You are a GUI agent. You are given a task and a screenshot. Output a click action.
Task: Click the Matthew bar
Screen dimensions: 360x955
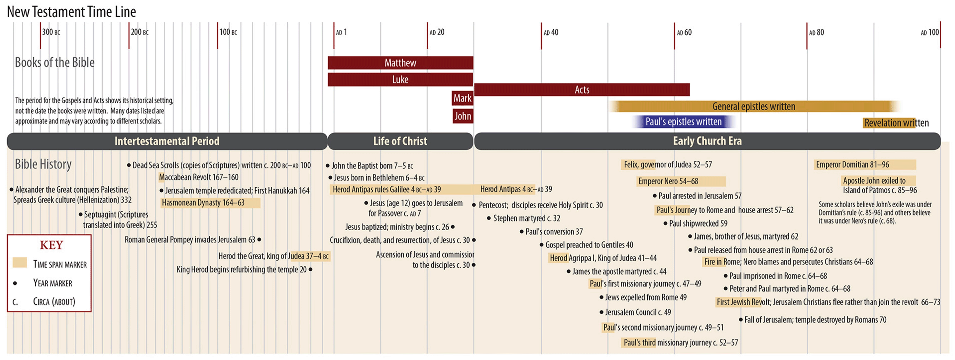point(400,63)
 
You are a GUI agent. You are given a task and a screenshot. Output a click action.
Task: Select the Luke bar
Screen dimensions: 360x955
point(400,79)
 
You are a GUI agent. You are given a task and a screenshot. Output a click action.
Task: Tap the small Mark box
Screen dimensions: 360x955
point(462,98)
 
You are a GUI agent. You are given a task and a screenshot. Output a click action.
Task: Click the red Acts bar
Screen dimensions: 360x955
point(582,90)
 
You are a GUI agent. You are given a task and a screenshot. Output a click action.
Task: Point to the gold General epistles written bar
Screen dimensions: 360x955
point(754,106)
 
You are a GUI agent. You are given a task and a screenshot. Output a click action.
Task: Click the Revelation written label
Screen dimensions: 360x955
point(896,123)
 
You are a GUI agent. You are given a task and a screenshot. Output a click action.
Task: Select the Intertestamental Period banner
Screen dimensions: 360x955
point(167,141)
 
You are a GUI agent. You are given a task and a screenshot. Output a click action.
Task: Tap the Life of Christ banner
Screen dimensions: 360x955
point(400,141)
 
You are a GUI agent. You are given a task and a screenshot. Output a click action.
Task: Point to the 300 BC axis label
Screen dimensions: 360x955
point(51,32)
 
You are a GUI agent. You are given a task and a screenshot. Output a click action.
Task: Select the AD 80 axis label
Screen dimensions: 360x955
point(816,33)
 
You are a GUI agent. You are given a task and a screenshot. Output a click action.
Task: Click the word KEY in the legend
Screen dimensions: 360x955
point(52,245)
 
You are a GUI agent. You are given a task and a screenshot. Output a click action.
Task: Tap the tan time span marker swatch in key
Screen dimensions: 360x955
point(20,263)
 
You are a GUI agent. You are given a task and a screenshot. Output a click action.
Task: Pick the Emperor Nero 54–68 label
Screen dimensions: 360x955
point(668,181)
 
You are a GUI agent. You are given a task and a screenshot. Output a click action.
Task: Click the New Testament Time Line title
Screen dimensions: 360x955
point(72,12)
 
